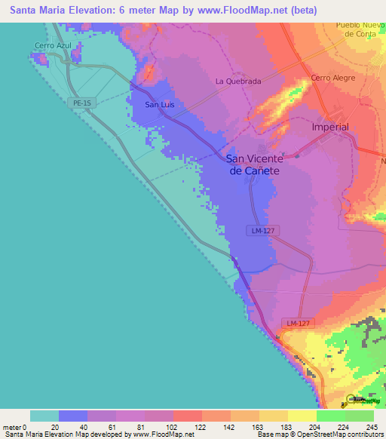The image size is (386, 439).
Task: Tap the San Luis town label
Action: (x=159, y=104)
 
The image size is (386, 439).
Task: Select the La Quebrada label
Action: (x=237, y=81)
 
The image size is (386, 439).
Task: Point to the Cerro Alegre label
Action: (x=332, y=78)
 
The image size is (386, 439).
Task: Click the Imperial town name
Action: (x=330, y=127)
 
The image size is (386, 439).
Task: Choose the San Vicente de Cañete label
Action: (x=255, y=165)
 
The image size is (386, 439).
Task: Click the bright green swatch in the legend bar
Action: (x=330, y=416)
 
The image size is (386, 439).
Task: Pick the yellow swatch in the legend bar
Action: (x=302, y=416)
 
